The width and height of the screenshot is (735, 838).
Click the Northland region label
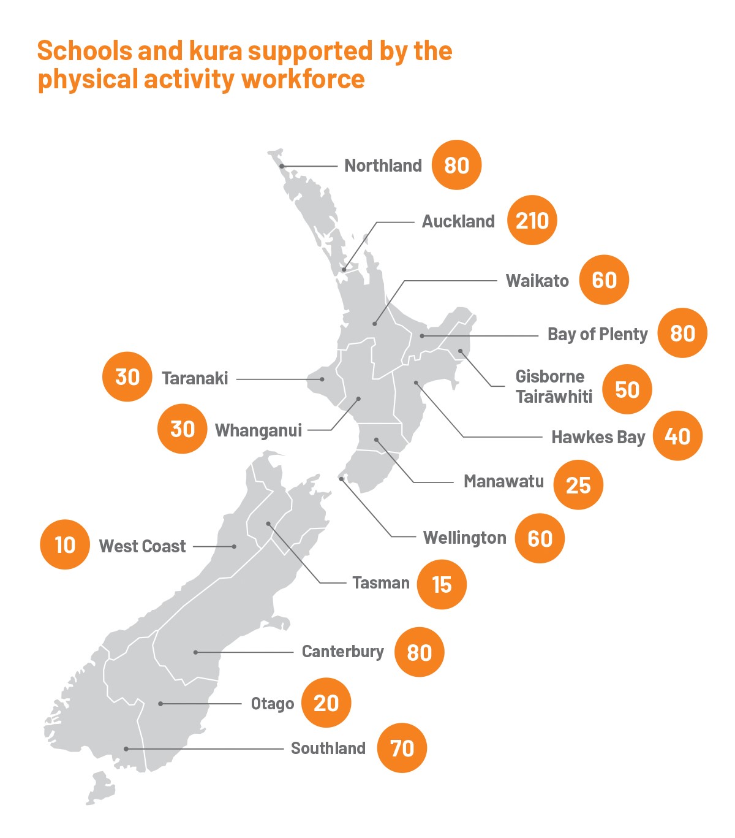pos(383,166)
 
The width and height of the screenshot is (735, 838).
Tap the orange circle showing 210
pos(532,221)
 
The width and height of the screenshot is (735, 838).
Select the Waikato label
pos(537,281)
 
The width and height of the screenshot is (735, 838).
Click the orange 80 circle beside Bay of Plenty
pos(682,333)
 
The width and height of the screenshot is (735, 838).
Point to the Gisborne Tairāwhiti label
pos(553,386)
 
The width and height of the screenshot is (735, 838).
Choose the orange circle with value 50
pos(627,390)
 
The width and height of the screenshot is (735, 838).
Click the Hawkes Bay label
pos(598,437)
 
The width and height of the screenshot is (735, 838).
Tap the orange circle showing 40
pos(677,436)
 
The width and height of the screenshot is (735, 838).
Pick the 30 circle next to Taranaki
pos(127,377)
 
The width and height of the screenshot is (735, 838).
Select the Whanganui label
pos(258,430)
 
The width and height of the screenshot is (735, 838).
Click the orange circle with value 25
pos(578,485)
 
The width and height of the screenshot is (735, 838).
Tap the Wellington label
pos(464,538)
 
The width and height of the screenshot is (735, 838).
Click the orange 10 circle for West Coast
pos(65,545)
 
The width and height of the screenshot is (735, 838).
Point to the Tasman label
pos(380,582)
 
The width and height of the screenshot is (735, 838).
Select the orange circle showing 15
pos(442,585)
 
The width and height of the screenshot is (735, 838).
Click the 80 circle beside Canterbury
pos(419,652)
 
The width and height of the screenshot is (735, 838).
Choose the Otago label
pos(272,704)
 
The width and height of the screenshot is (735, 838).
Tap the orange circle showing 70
pos(402,748)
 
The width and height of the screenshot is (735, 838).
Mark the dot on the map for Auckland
pos(344,270)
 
